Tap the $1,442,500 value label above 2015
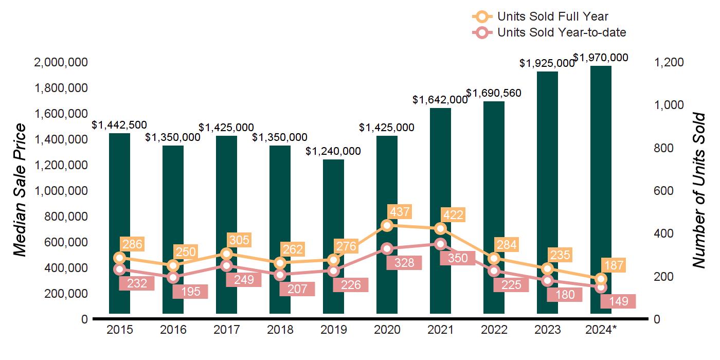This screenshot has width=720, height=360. tap(119, 124)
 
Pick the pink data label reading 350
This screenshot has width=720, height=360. tap(457, 258)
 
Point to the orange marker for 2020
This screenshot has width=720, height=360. tap(387, 225)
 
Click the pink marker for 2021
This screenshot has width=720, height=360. tap(440, 244)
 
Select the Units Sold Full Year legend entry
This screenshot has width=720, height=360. tap(552, 17)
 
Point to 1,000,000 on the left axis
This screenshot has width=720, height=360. tap(60, 191)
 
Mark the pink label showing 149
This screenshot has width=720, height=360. tap(618, 301)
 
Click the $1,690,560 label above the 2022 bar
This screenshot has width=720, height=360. tap(494, 94)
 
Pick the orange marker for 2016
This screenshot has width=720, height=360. tap(173, 265)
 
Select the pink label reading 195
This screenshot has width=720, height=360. tap(190, 292)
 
